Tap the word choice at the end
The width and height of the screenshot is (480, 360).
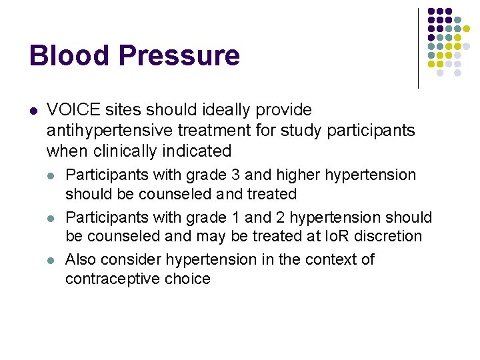[x=187, y=279]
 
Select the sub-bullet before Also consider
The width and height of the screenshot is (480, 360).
[x=52, y=259]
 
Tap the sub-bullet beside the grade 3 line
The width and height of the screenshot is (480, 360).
[x=52, y=176]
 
